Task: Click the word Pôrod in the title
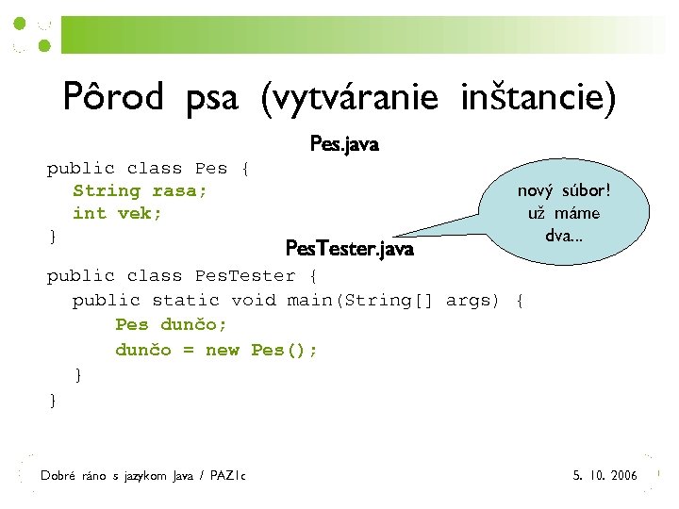[113, 97]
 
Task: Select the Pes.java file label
[344, 145]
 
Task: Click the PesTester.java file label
[349, 249]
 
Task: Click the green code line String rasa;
[141, 190]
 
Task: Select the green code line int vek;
[118, 213]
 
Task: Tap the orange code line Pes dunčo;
[171, 325]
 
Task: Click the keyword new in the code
[223, 350]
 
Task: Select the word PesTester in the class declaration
[244, 276]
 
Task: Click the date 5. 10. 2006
[604, 475]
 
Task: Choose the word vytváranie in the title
[350, 97]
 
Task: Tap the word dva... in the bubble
[564, 235]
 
